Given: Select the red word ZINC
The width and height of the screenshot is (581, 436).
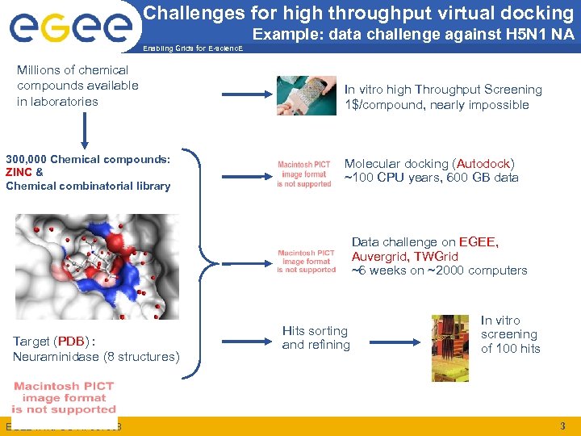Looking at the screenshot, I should tap(19, 172).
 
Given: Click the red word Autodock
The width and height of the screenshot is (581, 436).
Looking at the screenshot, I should tap(483, 163).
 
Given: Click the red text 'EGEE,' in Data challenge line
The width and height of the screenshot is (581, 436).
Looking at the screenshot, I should tap(479, 241).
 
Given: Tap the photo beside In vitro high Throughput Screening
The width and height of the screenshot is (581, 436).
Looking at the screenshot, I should tap(306, 95).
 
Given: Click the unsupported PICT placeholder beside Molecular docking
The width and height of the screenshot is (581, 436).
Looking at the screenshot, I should tap(304, 173).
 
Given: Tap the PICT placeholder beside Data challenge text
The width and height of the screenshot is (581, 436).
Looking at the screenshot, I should tap(306, 261).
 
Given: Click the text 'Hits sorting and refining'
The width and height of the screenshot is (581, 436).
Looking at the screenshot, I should tap(316, 337).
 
